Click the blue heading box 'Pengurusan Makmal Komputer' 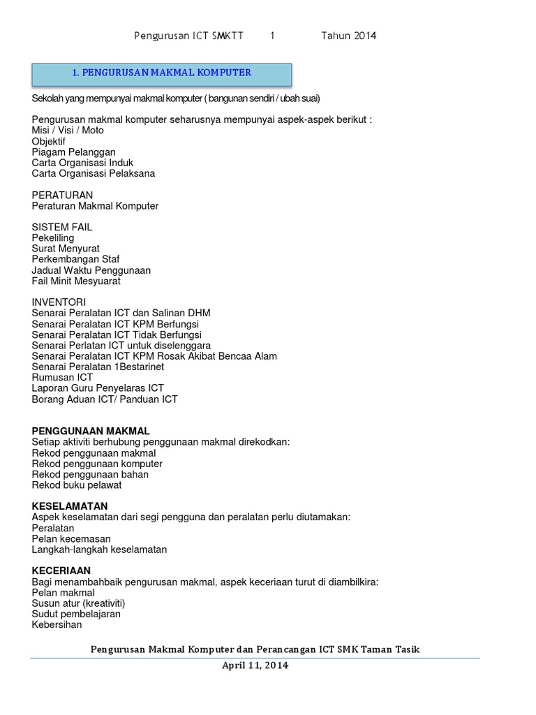[x=162, y=73]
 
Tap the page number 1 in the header [x=273, y=36]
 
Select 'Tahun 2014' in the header [x=348, y=36]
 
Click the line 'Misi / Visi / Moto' [x=68, y=131]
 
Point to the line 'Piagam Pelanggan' [x=74, y=152]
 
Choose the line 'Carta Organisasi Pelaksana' [x=94, y=173]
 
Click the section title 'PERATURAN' [x=62, y=195]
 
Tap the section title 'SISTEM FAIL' [x=62, y=227]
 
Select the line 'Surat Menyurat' [x=66, y=249]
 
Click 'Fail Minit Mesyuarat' [x=76, y=281]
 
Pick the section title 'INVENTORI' [x=59, y=302]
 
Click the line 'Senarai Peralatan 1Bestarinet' [x=98, y=367]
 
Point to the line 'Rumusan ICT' [x=62, y=377]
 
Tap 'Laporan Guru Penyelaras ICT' [x=98, y=388]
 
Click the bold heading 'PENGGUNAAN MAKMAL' [x=91, y=431]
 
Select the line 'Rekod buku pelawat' [x=77, y=485]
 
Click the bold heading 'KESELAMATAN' [x=70, y=506]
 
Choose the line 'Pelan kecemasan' [x=71, y=538]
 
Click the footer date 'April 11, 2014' [x=255, y=665]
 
